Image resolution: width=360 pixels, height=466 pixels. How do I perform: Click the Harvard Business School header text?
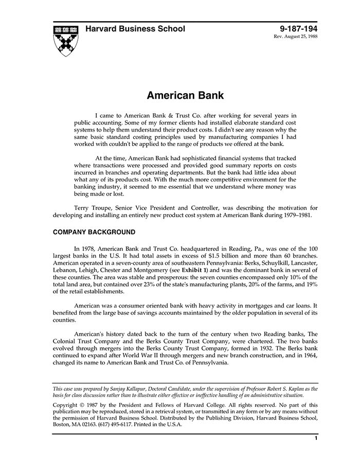[x=135, y=29]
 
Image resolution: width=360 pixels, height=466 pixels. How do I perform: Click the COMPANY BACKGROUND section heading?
[x=94, y=232]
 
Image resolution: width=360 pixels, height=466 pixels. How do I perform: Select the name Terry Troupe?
[x=92, y=208]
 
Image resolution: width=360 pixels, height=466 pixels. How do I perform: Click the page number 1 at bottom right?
[x=316, y=439]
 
